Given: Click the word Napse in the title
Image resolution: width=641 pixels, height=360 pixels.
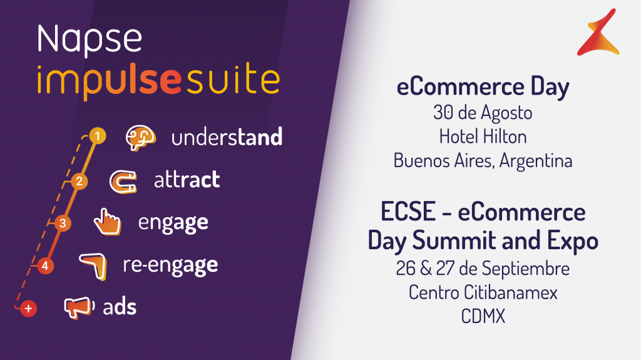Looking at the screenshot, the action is (90, 40).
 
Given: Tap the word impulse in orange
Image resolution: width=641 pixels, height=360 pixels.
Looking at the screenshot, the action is (109, 81).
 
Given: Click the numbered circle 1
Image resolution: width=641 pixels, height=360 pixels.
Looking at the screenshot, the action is (97, 136).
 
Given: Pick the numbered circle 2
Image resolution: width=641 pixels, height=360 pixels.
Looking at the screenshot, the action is (79, 181).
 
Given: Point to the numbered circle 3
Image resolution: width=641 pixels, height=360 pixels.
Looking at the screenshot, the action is (63, 224).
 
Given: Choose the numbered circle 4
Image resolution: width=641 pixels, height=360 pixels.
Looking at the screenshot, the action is (45, 266).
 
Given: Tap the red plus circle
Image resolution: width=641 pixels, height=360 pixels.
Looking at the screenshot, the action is (28, 309).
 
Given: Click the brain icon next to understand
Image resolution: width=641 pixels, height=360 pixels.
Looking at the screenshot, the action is (141, 138).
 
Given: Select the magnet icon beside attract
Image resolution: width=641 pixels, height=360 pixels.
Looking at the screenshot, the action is (123, 182).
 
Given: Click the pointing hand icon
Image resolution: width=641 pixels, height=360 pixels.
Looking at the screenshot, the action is (107, 222).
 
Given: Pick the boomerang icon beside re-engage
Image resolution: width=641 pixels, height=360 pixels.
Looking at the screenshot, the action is (93, 266).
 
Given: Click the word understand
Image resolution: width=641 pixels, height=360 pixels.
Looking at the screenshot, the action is (227, 137).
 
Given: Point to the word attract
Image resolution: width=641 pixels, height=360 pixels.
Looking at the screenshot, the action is (187, 180).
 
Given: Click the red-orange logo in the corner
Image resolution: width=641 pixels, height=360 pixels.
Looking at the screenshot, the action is (598, 33).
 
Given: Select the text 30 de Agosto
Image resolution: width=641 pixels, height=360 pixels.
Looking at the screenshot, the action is (483, 113).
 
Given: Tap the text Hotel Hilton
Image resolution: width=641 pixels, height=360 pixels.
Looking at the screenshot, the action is (483, 136).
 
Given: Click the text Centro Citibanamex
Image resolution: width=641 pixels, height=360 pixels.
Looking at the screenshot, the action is (483, 292).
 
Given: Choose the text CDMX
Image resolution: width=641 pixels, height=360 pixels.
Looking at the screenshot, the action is (483, 316).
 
